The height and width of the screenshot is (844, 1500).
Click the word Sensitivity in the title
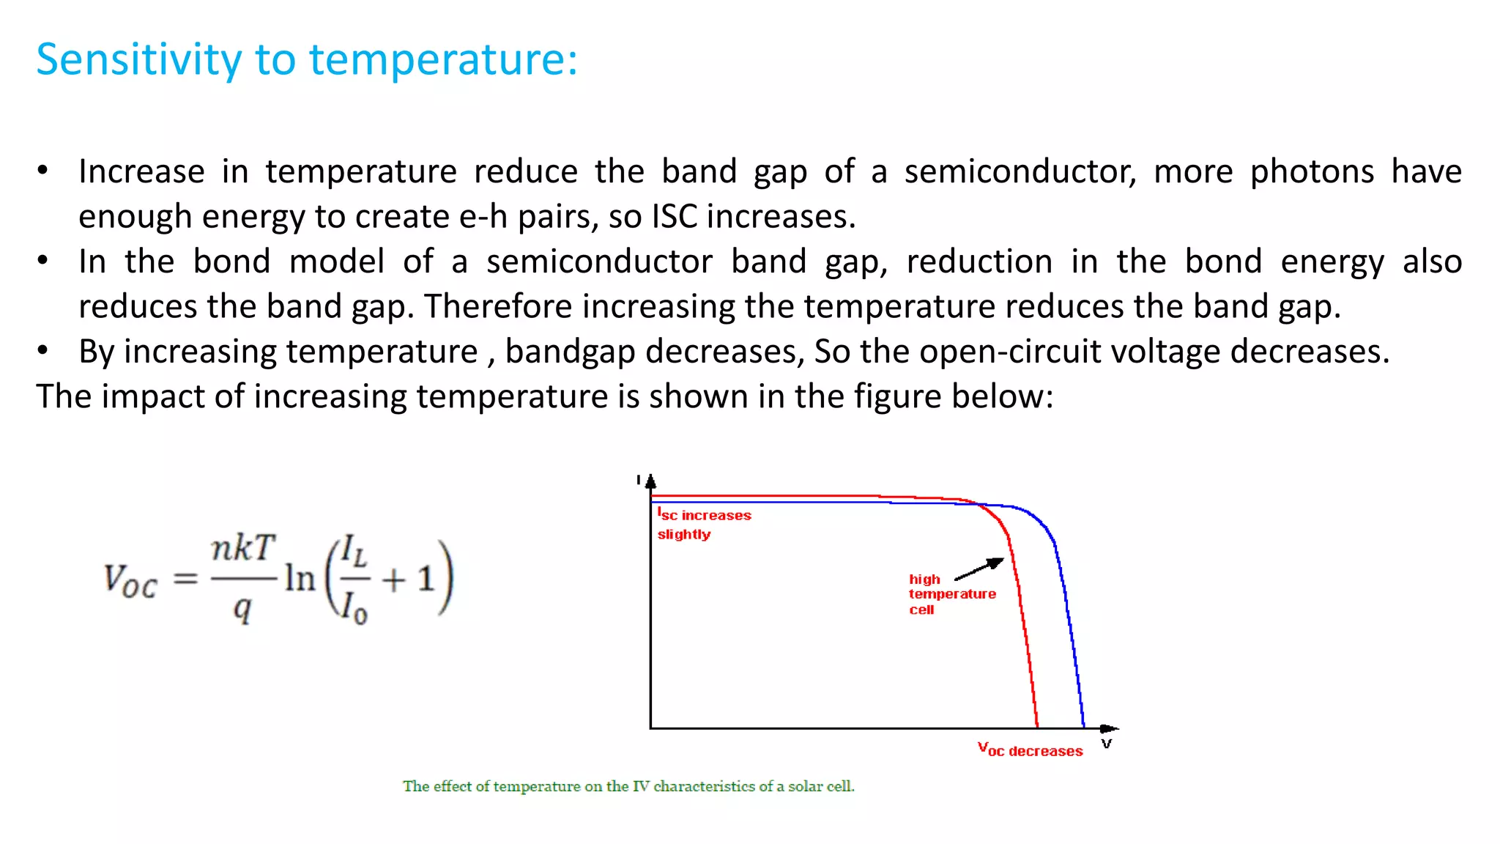(x=138, y=60)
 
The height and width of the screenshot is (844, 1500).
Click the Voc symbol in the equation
(x=130, y=580)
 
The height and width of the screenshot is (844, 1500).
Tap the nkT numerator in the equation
(x=243, y=549)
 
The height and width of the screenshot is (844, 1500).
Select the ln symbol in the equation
(x=300, y=579)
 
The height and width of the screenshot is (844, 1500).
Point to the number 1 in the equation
(x=426, y=580)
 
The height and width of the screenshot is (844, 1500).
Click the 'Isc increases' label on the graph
(x=705, y=515)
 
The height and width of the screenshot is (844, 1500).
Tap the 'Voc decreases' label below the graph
(x=1030, y=750)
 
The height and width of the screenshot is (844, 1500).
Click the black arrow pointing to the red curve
(x=979, y=569)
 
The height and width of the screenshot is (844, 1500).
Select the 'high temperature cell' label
(x=951, y=594)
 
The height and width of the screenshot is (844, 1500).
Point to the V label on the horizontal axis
(x=1107, y=744)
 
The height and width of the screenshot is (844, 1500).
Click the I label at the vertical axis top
(x=639, y=480)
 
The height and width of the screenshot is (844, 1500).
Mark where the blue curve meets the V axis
(x=1084, y=728)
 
